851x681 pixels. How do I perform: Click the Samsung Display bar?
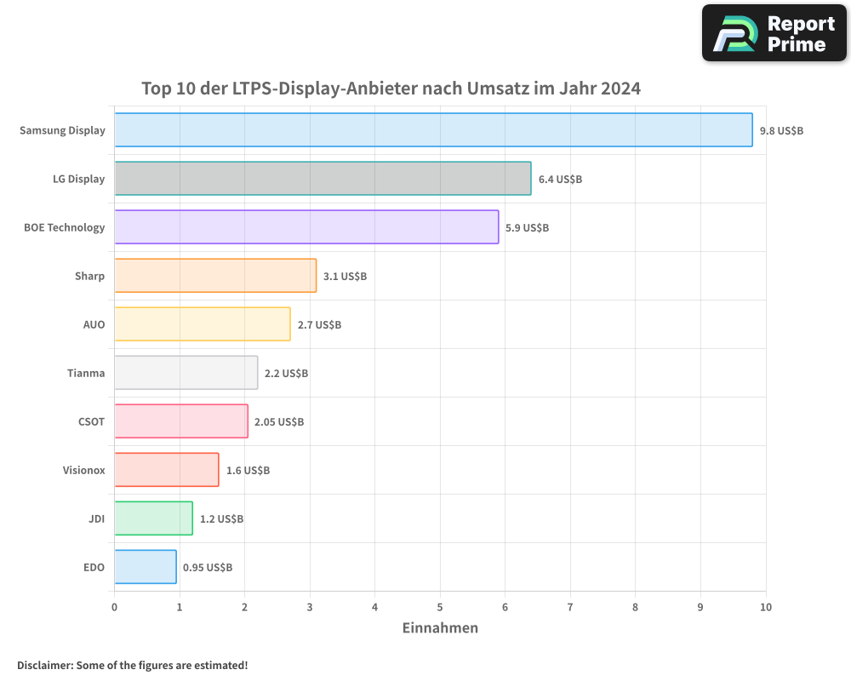pyautogui.click(x=433, y=130)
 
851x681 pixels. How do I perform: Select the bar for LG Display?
pyautogui.click(x=323, y=179)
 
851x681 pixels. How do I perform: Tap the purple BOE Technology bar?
pyautogui.click(x=306, y=227)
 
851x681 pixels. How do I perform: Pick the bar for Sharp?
pyautogui.click(x=215, y=276)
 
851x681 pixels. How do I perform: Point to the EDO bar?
pyautogui.click(x=146, y=567)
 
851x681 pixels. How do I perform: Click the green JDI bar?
pyautogui.click(x=153, y=518)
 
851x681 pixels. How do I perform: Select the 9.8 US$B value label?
pyautogui.click(x=781, y=131)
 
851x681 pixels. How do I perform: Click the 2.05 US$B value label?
pyautogui.click(x=279, y=422)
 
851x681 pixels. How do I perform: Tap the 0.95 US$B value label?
pyautogui.click(x=208, y=568)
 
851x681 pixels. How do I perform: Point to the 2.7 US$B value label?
pyautogui.click(x=319, y=325)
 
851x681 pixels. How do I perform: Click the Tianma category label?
pyautogui.click(x=86, y=373)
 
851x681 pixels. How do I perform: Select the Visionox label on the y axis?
pyautogui.click(x=83, y=470)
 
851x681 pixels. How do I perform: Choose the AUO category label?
pyautogui.click(x=94, y=324)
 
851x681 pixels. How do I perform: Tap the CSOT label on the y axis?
pyautogui.click(x=91, y=421)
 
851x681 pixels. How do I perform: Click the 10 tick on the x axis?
pyautogui.click(x=766, y=607)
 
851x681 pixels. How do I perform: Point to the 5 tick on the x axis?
pyautogui.click(x=440, y=607)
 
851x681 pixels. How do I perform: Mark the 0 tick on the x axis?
pyautogui.click(x=115, y=607)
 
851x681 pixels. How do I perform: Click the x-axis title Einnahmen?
pyautogui.click(x=440, y=628)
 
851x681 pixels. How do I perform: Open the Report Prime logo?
pyautogui.click(x=774, y=33)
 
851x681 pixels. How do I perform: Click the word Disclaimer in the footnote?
pyautogui.click(x=44, y=665)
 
